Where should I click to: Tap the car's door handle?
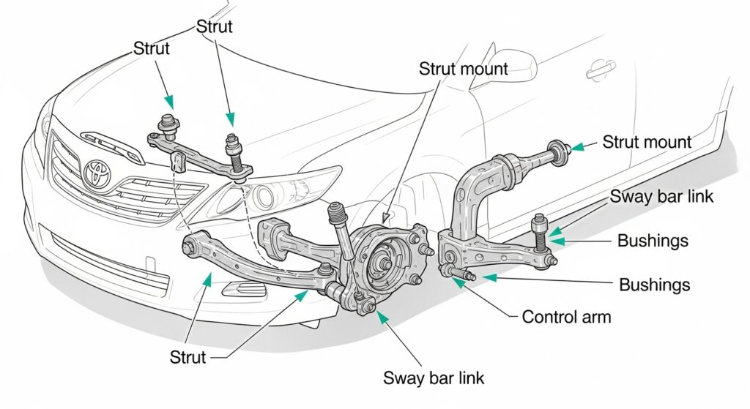(x=601, y=72)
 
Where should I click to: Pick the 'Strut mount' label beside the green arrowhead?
(x=647, y=141)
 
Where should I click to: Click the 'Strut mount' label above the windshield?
(x=463, y=69)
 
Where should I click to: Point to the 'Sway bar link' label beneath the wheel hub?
(x=434, y=378)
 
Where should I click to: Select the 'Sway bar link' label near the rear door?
(x=662, y=196)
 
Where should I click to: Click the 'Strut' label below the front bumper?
(x=188, y=357)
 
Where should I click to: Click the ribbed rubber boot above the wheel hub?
(x=337, y=217)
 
